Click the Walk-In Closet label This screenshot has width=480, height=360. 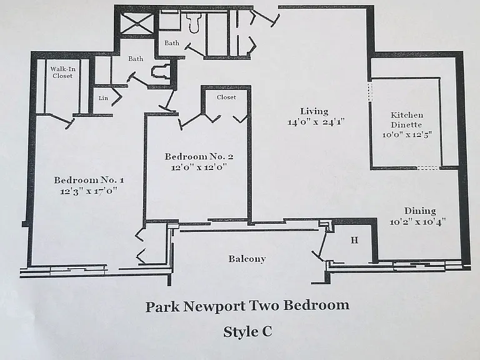coord(62,72)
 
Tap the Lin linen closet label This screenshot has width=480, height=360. coord(103,98)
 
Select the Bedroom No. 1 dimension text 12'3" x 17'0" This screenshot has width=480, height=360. coord(89,191)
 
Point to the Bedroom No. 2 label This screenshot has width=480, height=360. coord(199,157)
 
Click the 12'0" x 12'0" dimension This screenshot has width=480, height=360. coord(199,167)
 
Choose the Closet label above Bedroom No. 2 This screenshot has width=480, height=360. coord(226,97)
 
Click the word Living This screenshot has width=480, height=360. coord(314,111)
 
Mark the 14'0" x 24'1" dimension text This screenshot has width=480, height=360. coord(316,122)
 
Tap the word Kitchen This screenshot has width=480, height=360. coord(407,115)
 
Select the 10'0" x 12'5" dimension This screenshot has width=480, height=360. coord(407,134)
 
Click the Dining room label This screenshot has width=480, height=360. coord(420,211)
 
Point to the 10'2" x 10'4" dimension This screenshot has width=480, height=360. coord(417,222)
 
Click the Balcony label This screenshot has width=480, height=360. coord(247,259)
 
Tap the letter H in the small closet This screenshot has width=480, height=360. coord(354,240)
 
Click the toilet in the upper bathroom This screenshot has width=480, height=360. coord(194,22)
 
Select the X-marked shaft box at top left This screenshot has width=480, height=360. coord(136,24)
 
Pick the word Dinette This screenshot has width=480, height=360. coord(406,125)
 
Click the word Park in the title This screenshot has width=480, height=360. coord(162,306)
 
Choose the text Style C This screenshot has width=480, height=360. coord(247,332)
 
